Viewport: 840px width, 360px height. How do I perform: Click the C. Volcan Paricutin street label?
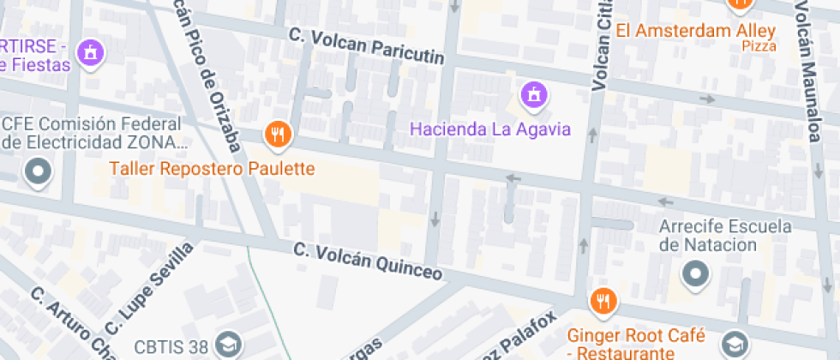(367, 46)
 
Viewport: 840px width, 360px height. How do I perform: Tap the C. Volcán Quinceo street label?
(368, 261)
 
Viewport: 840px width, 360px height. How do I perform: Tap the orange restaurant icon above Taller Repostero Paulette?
(277, 134)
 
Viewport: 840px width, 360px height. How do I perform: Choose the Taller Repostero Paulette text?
(212, 169)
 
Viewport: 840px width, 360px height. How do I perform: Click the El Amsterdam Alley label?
(696, 31)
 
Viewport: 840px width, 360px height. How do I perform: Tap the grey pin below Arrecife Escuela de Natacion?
(695, 274)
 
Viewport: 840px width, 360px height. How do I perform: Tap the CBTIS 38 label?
(171, 347)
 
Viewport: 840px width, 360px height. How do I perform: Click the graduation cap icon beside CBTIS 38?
(226, 345)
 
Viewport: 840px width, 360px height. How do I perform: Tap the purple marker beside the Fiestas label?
(89, 55)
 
